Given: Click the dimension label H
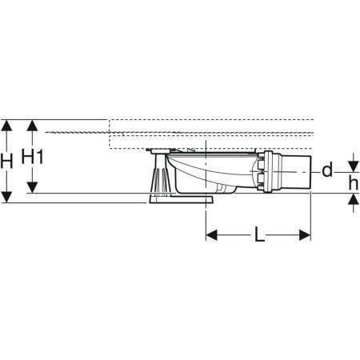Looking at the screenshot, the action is coord(6,161).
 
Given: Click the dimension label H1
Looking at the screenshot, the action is coord(32,156).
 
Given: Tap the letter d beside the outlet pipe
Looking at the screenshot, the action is coord(327,170).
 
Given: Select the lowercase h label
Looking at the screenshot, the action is coord(354,183).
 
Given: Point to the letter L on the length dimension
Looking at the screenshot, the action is coord(259,234).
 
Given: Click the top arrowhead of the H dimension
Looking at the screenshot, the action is coord(6,126).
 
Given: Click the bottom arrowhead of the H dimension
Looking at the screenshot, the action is coord(6,197).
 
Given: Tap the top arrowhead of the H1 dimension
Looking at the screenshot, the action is coord(32,126).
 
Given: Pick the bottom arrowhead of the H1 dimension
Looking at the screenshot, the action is coord(32,187).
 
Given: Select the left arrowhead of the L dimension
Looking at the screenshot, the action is coord(212,235).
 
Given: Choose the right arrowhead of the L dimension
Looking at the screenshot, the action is coord(305,235).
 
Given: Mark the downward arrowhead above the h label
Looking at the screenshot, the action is coord(354,166).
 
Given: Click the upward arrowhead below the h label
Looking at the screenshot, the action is coord(354,199).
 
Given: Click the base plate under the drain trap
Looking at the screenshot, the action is coord(181,199).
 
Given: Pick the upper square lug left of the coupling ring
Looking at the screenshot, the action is coord(260,163).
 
